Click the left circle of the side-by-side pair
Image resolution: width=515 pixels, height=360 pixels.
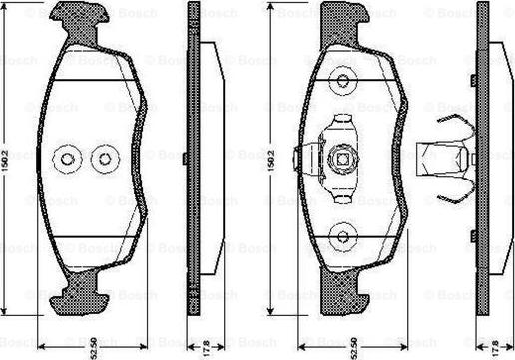coord(69,158)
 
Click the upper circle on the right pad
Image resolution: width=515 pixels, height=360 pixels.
coord(343,79)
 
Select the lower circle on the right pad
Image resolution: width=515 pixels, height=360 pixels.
coord(343,237)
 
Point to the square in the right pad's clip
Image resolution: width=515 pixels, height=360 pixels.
coord(343,158)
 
